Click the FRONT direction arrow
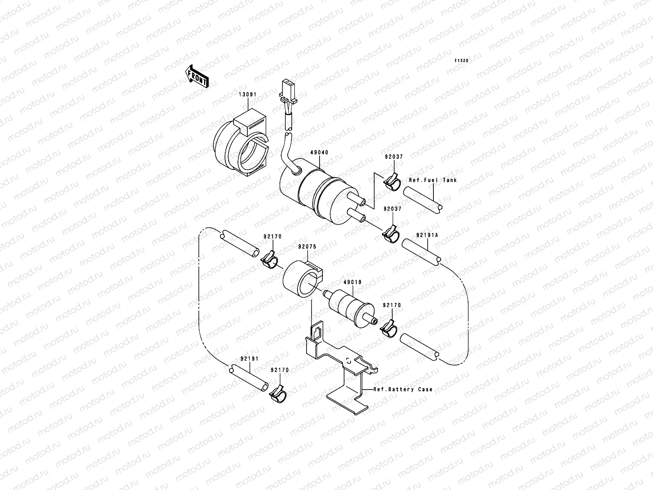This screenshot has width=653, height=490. point(197,76)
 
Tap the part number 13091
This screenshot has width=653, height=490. point(247,94)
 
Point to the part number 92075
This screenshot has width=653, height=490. point(307,247)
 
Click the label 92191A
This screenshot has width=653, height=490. point(427,235)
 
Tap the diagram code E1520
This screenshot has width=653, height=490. point(462,60)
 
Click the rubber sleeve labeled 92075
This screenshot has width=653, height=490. point(303,281)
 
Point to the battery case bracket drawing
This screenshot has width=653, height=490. point(343,367)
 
